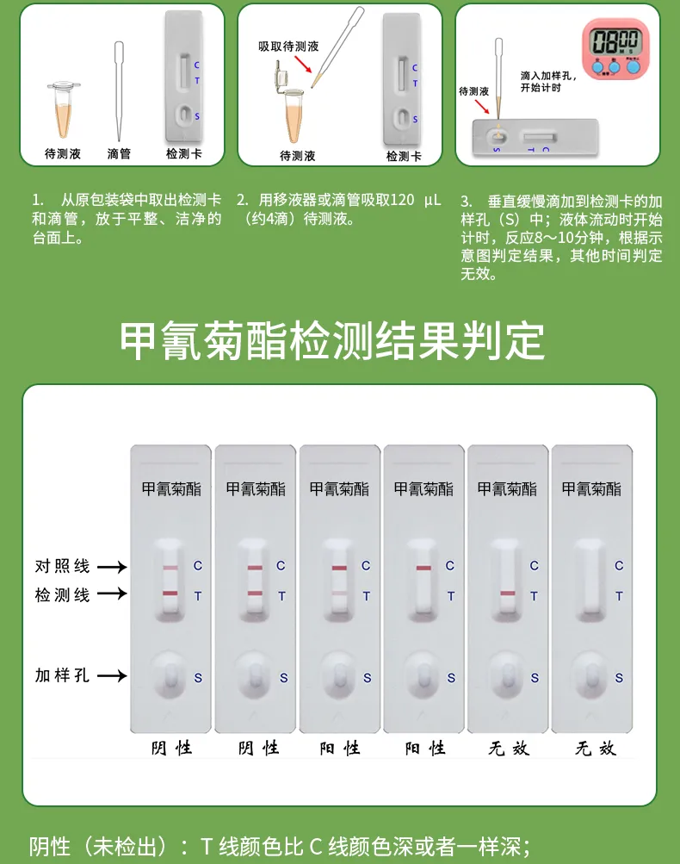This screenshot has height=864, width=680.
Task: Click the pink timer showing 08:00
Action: tap(615, 47)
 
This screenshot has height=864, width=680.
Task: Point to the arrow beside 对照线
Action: tap(111, 567)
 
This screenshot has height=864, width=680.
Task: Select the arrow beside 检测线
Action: tap(111, 594)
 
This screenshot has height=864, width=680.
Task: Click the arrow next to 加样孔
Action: tap(111, 676)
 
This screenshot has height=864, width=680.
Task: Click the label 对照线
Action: tap(62, 566)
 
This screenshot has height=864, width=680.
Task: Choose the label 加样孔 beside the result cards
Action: tap(62, 675)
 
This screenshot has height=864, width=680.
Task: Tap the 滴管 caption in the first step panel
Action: tap(119, 153)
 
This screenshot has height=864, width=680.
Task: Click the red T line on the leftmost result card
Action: tap(170, 594)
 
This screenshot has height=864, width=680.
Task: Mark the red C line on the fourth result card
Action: tap(423, 568)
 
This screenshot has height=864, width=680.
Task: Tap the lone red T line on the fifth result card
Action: tap(507, 594)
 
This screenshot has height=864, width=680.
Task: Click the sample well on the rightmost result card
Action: tap(591, 673)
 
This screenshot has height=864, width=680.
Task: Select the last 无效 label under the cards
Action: tap(595, 748)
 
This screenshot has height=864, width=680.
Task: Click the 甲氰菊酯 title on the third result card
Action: tap(339, 488)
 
